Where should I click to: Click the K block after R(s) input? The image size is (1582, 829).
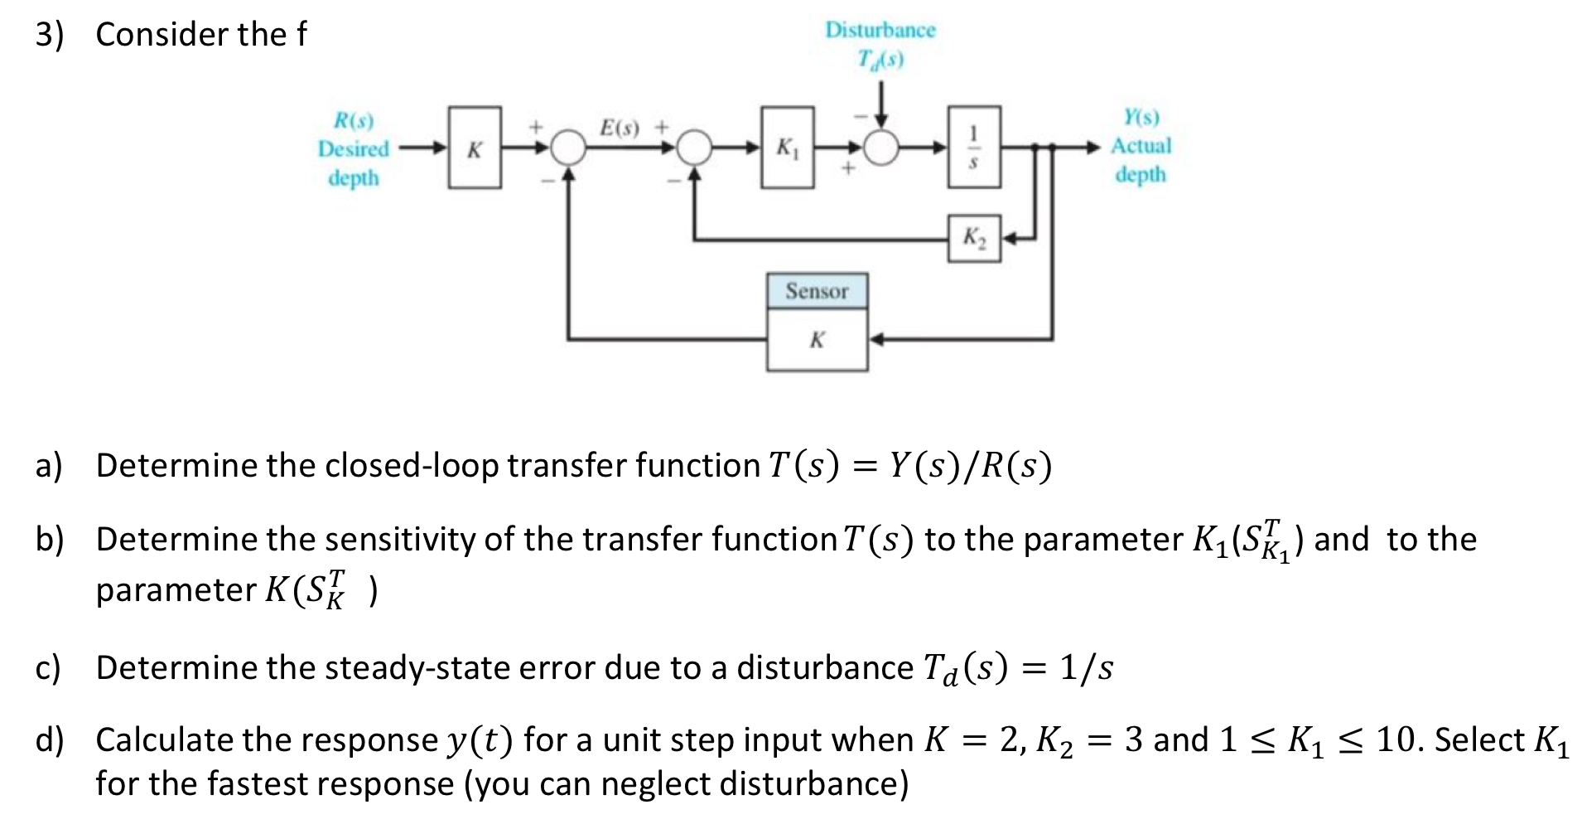475,148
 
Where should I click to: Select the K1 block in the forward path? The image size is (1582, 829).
787,148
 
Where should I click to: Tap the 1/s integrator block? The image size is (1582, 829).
974,147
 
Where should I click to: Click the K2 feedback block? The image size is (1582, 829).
974,239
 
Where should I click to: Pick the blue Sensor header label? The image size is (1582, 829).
817,291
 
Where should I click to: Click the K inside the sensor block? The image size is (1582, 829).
817,340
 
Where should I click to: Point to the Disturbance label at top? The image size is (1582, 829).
880,31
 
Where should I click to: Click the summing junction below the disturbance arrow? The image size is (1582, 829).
882,148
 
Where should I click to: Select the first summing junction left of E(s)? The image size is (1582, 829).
568,148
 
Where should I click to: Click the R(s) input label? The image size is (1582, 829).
354,121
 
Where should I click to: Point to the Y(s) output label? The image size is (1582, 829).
1141,117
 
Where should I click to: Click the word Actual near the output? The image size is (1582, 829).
1141,146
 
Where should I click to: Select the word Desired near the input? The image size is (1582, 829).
354,149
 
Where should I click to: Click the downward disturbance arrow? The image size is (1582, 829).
882,104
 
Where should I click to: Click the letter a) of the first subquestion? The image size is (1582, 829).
48,466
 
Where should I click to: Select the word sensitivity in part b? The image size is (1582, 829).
402,540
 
